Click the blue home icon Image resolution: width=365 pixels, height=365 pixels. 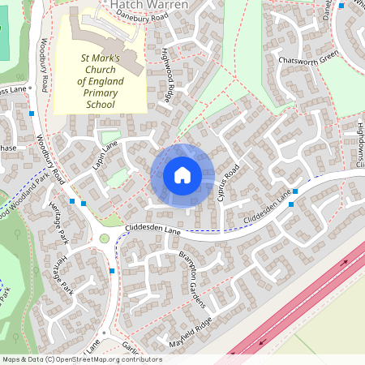pyautogui.click(x=182, y=174)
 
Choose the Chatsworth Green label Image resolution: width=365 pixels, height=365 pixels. pyautogui.click(x=307, y=59)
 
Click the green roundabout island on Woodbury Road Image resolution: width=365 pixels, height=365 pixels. pyautogui.click(x=105, y=238)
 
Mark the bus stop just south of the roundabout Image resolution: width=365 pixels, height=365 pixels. pyautogui.click(x=111, y=270)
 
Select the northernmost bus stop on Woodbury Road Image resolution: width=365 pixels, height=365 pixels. pyautogui.click(x=31, y=114)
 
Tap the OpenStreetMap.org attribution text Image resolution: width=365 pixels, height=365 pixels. pyautogui.click(x=105, y=359)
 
